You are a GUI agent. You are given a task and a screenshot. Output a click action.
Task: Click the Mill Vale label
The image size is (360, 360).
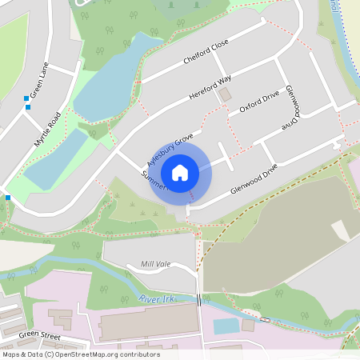[156, 264]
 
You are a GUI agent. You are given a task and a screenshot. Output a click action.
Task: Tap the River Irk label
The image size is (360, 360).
[156, 298]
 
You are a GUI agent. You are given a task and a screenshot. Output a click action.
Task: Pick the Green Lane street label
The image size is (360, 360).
[39, 77]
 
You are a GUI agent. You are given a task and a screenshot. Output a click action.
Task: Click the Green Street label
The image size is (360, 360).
[40, 334]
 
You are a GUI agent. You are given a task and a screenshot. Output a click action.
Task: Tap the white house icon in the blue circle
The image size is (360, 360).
[180, 172]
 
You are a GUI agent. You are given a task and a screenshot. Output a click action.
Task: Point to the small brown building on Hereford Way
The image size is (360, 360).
[225, 94]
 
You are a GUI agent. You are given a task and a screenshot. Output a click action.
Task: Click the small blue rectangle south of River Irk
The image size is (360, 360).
[226, 326]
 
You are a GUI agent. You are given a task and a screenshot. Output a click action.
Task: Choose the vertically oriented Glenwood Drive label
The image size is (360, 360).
[289, 109]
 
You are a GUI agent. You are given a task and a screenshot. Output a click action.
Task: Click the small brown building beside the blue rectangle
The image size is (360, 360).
[248, 326]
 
